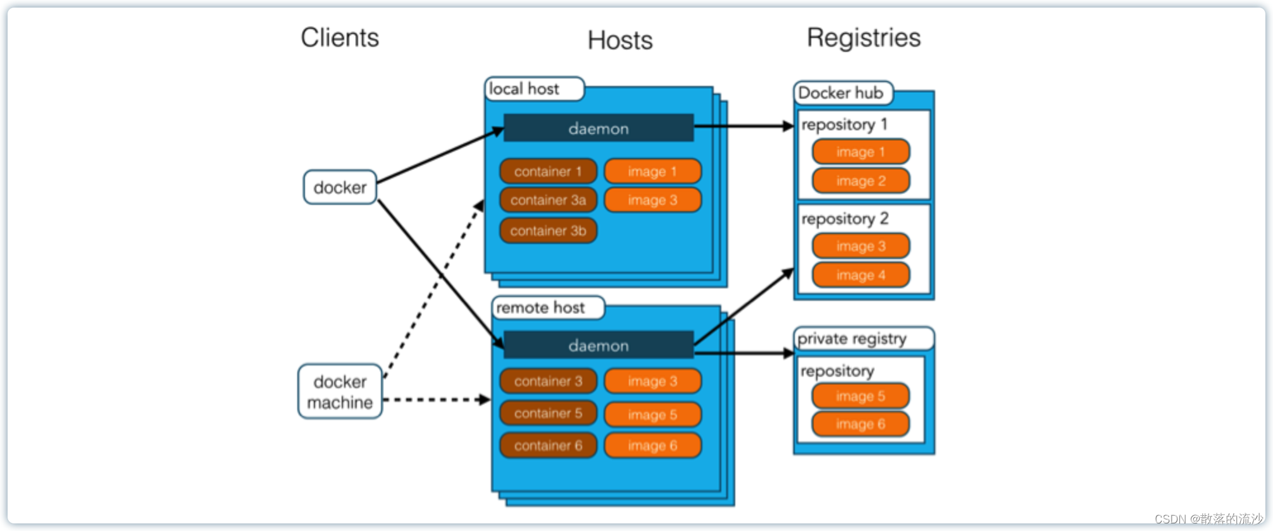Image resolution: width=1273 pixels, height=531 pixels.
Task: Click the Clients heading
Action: coord(340,38)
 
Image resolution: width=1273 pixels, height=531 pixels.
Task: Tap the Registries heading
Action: coord(864,38)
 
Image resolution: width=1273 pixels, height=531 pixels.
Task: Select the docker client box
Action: coord(340,187)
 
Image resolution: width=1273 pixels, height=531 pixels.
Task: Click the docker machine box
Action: coord(340,391)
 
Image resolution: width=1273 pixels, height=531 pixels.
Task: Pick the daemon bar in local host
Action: coord(599,128)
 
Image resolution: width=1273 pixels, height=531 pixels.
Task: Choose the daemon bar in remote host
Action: coord(599,345)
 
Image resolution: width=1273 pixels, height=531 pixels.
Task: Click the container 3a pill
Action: coord(548,200)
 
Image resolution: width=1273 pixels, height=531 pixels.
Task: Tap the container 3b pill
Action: coord(548,231)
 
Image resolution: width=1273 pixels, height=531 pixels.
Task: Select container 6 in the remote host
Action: coord(548,445)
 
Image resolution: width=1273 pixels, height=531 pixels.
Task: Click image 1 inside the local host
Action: coord(652,171)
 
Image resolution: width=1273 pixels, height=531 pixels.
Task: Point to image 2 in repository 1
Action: coord(860,181)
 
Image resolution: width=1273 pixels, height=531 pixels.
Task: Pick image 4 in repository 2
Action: coord(860,275)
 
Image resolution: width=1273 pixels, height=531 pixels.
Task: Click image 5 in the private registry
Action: coord(860,396)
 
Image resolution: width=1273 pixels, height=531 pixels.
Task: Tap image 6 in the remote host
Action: coord(652,446)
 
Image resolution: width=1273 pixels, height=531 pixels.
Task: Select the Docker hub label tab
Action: coord(842,93)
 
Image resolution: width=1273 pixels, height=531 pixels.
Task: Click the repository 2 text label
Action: coord(845,219)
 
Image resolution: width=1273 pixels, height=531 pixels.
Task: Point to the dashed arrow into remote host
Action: coord(437,400)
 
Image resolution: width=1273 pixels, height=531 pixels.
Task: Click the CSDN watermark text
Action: coord(1208,519)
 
